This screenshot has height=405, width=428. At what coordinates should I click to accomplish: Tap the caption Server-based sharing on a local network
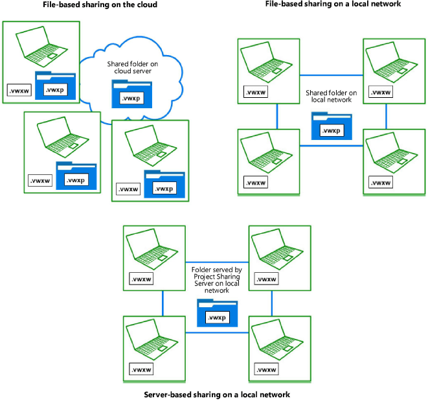213,394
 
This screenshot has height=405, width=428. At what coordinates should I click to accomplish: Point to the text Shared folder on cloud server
132,69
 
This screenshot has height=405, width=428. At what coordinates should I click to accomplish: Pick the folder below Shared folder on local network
331,125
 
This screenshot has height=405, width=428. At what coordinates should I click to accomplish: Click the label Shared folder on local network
331,97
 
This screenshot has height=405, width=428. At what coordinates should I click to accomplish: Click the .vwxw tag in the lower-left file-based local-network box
255,182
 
